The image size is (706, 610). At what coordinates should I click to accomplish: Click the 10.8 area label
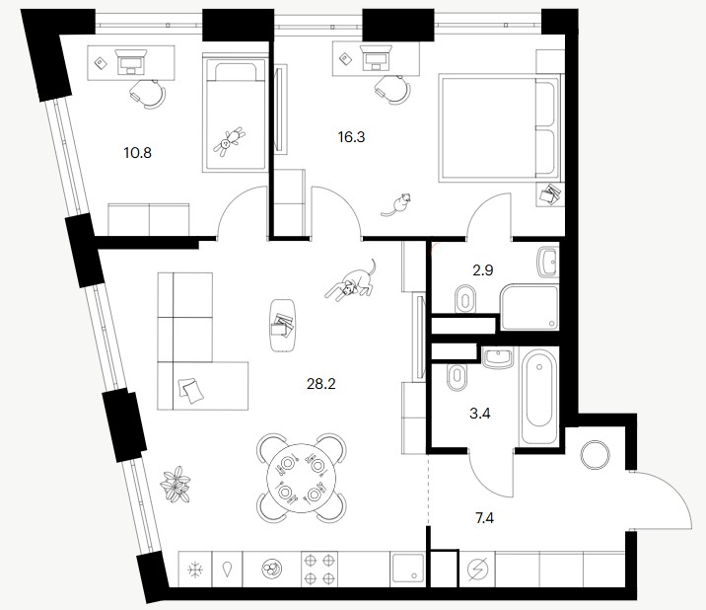(x=138, y=153)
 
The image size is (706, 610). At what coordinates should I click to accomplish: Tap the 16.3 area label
(x=351, y=137)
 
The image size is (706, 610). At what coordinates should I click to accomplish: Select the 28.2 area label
(x=321, y=384)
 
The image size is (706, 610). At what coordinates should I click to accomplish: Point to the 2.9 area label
(x=483, y=270)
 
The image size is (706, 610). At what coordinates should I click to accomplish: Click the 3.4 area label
(x=480, y=414)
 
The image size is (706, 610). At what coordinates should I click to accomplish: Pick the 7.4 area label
(x=484, y=518)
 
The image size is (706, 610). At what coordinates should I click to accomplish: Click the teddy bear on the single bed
(x=229, y=141)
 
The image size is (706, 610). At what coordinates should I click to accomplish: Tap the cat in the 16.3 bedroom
(x=396, y=204)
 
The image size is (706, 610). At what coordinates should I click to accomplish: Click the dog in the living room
(x=351, y=280)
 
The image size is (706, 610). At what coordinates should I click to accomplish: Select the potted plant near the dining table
(x=176, y=485)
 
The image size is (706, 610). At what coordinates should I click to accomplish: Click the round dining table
(x=301, y=478)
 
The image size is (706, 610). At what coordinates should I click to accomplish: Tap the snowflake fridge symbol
(x=195, y=570)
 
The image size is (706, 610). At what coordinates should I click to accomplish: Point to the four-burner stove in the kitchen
(x=319, y=569)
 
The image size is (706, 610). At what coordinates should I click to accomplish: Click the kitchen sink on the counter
(x=407, y=568)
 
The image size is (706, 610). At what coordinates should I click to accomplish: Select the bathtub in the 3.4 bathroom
(x=540, y=396)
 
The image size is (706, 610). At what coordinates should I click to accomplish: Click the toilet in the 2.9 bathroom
(x=465, y=298)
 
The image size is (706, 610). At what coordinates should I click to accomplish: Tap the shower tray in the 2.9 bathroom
(x=529, y=307)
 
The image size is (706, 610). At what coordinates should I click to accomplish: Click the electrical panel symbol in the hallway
(x=477, y=570)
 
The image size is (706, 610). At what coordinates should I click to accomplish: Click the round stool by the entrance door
(x=595, y=455)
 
